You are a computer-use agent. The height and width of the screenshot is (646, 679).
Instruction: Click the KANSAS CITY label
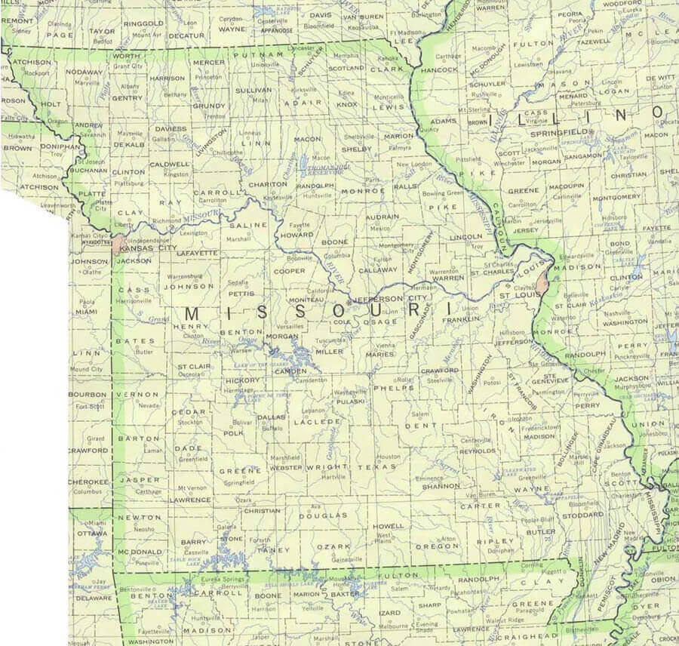tap(148, 248)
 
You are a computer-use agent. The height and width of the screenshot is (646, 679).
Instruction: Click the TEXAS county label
tap(382, 467)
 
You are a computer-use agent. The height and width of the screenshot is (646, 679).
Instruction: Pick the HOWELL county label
tap(389, 526)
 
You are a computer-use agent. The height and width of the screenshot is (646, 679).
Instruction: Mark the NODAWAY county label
tap(84, 72)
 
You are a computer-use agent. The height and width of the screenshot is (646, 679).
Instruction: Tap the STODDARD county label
tap(583, 516)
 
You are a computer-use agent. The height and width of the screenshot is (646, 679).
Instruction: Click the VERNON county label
tap(142, 394)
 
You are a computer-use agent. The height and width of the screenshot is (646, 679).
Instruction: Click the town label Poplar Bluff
tap(536, 520)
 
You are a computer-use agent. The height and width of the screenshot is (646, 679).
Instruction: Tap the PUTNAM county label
tap(252, 55)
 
